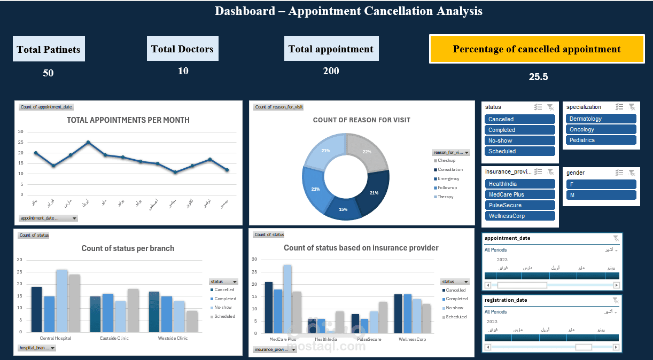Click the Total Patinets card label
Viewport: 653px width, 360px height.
tap(49, 50)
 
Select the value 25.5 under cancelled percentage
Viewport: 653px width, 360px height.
tap(538, 77)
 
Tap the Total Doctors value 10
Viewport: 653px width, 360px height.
tap(183, 71)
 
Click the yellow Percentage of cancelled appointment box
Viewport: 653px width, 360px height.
tap(537, 49)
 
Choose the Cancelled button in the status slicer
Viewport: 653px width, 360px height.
tap(520, 120)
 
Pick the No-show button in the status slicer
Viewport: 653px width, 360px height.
tap(520, 141)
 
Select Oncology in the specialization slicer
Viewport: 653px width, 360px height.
tap(601, 130)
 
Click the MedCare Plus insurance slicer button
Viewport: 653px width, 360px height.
tap(520, 195)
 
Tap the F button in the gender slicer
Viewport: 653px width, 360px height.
tap(601, 184)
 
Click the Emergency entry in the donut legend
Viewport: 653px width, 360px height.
tap(448, 179)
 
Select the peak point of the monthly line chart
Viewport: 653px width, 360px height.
tap(88, 143)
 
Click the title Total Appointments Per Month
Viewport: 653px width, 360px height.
tap(128, 120)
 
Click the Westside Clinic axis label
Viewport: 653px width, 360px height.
tap(173, 338)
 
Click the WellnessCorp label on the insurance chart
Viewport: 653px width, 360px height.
tap(412, 339)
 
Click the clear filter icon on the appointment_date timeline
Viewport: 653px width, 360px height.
tap(616, 238)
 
